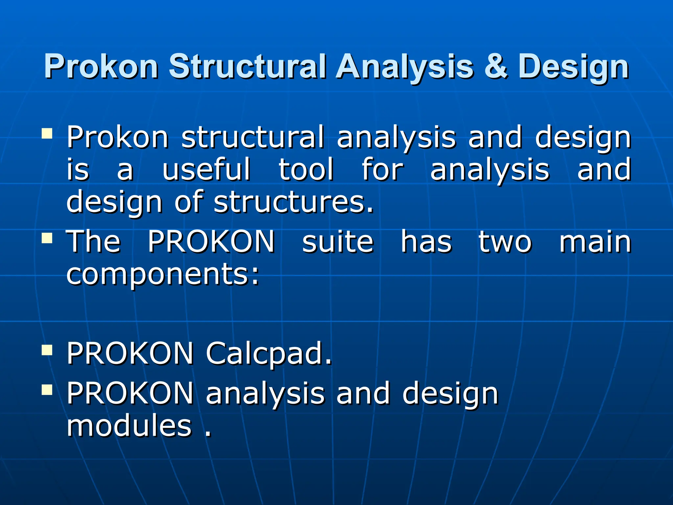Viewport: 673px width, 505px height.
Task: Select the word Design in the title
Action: coord(573,68)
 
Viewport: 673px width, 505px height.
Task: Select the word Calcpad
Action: coord(268,354)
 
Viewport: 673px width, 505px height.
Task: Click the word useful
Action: coord(207,169)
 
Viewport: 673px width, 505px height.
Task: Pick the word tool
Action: coord(306,169)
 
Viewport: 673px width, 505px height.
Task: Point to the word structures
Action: coord(293,202)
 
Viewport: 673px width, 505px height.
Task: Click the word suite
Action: coord(338,242)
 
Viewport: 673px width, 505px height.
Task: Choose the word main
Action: coord(595,242)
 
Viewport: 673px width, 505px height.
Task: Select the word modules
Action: coord(129,426)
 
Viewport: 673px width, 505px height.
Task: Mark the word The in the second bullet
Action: coord(94,242)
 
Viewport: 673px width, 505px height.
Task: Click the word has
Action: coord(426,242)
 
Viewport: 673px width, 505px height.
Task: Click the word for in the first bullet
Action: coord(382,169)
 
